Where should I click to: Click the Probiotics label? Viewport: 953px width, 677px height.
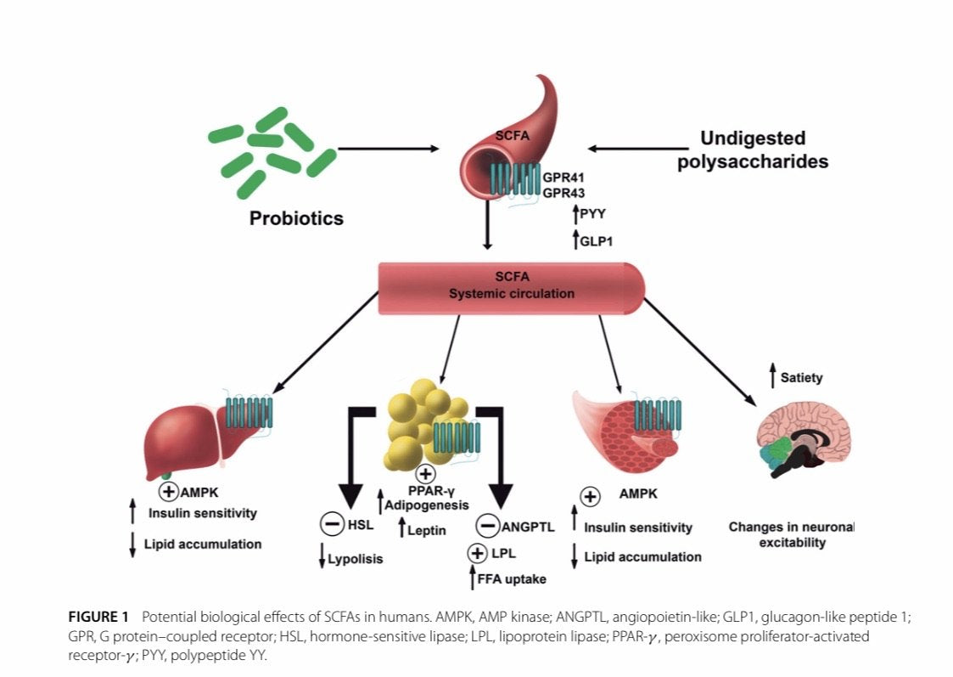tap(296, 218)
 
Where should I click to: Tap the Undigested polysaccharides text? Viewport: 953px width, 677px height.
tap(753, 150)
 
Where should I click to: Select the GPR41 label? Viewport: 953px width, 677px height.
tap(564, 178)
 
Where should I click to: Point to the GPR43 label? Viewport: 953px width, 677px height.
tap(564, 193)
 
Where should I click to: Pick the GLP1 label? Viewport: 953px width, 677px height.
tap(596, 240)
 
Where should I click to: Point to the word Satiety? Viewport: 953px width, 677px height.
tap(801, 377)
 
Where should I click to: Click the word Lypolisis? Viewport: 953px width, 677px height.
tap(356, 559)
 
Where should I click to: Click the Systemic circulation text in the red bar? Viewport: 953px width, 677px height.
tap(512, 294)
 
